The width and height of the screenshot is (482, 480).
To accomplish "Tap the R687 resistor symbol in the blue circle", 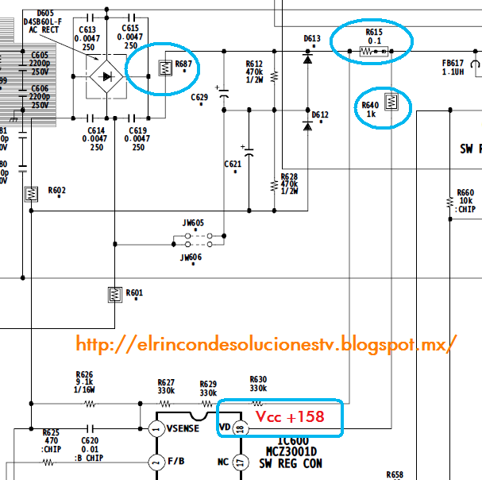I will pos(165,68).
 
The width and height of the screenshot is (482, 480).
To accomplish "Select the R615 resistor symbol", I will pos(374,52).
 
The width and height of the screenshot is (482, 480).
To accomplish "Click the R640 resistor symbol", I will pos(390,102).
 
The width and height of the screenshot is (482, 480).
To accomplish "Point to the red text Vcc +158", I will pos(289,416).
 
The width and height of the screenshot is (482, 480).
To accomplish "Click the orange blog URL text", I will pos(267,344).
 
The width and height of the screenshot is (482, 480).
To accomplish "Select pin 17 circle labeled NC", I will pos(241,461).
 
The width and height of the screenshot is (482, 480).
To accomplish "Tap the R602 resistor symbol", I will pos(32,193).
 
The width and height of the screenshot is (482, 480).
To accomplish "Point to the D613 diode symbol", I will pos(307,57).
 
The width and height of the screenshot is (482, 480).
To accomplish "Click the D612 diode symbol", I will pos(307,126).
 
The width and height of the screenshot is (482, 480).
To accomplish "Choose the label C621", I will pos(232,165).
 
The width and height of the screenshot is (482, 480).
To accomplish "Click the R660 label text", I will pos(465,192).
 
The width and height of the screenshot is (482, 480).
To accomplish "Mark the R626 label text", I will pos(84,374).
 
